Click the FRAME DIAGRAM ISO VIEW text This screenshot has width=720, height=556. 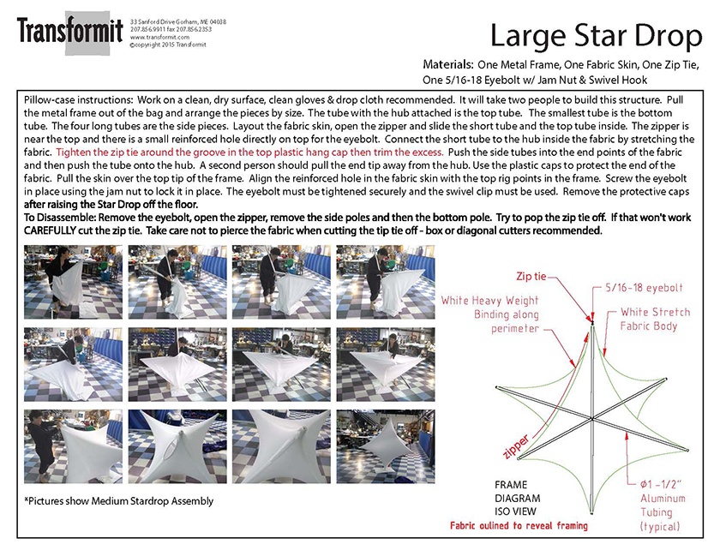click(518, 497)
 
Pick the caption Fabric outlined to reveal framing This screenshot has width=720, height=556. click(519, 525)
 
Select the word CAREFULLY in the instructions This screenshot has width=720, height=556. click(54, 230)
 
